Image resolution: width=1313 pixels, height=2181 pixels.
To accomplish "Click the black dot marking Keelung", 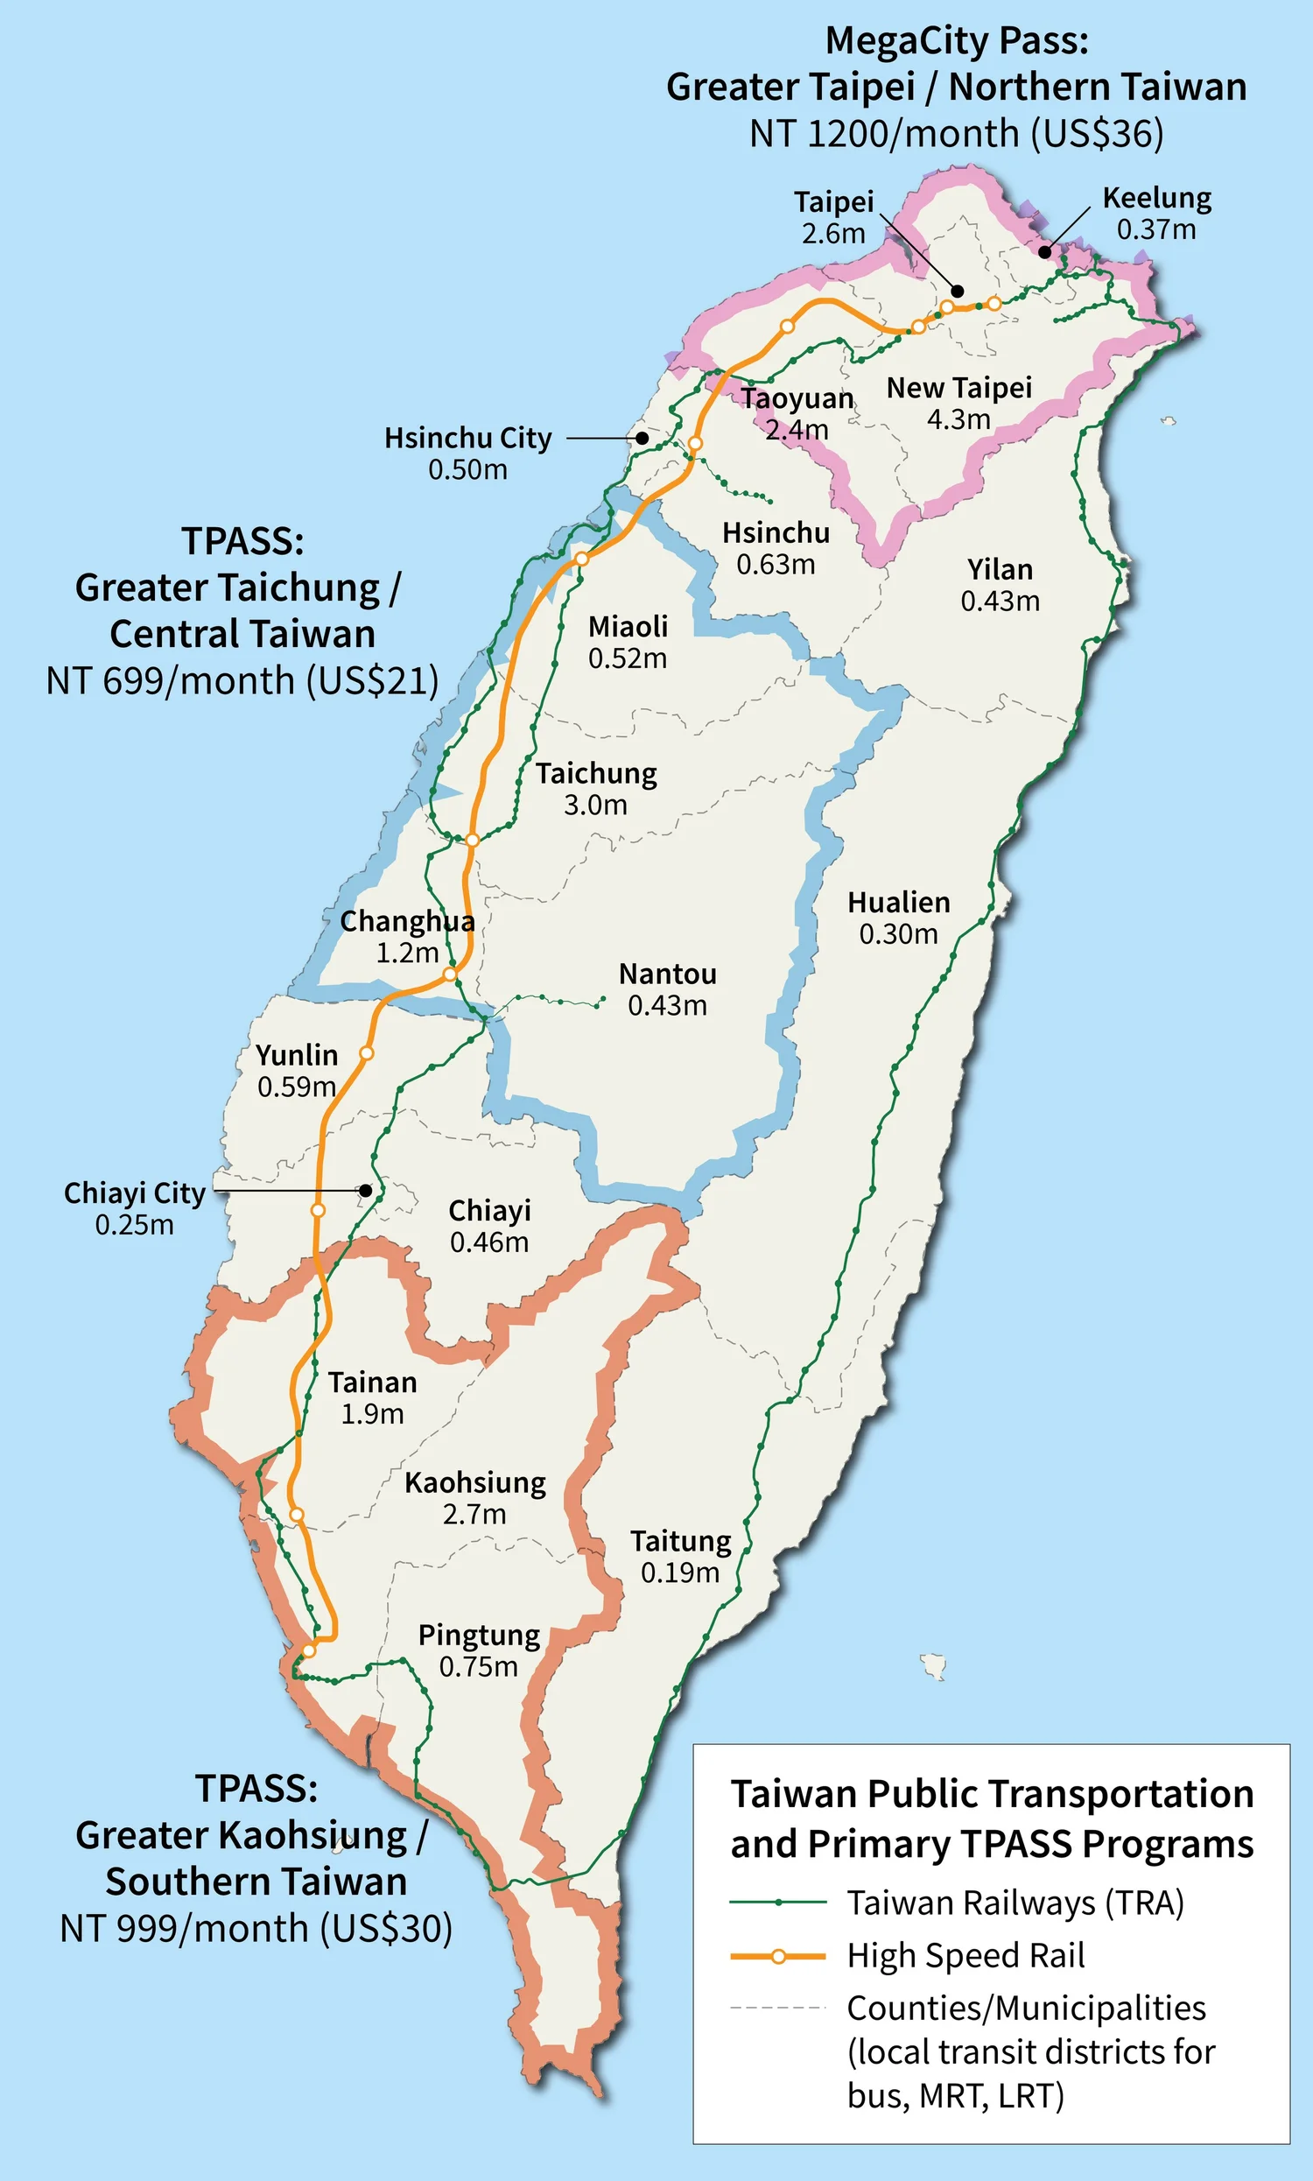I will (1045, 251).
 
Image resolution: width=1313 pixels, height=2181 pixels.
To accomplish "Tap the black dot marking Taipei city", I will (958, 291).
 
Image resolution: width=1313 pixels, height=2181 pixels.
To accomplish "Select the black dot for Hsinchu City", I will (642, 438).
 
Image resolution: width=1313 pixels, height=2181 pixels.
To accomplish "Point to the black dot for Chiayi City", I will (364, 1191).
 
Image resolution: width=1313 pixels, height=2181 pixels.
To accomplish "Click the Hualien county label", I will (898, 903).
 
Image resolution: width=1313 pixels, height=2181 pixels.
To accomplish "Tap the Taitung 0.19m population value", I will (679, 1572).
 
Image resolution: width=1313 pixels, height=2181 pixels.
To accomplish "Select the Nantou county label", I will (667, 974).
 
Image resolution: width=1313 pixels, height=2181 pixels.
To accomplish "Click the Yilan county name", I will (1000, 569).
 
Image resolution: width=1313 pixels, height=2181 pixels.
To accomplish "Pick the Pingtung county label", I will (479, 1635).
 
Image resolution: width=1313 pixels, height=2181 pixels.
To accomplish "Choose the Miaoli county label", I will (628, 626).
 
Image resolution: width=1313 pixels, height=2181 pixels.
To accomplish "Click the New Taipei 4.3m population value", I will (958, 419).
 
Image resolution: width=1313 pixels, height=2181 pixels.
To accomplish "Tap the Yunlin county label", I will (297, 1055).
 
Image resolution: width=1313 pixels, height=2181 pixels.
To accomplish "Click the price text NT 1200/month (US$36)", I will (956, 135).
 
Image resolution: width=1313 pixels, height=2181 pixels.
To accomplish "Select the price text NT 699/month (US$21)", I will (242, 681).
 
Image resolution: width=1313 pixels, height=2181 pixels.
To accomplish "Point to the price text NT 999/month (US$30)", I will (256, 1929).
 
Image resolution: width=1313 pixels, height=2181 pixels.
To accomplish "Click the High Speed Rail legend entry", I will (965, 1955).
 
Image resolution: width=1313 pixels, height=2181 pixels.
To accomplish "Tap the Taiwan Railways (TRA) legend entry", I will (1015, 1903).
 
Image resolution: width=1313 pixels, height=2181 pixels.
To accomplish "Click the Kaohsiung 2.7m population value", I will (474, 1514).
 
